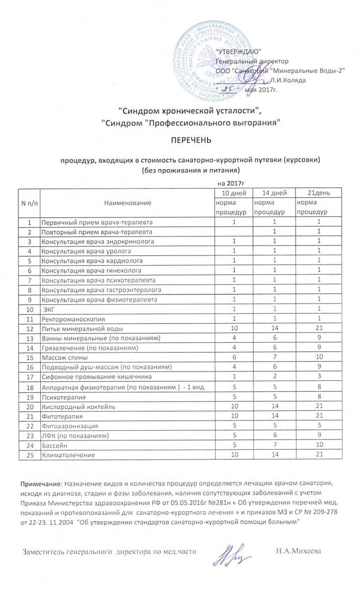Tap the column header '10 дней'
pos(233,192)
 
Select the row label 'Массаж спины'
pos(64,357)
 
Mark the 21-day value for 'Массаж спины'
pos(317,357)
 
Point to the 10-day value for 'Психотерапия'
pos(233,397)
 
